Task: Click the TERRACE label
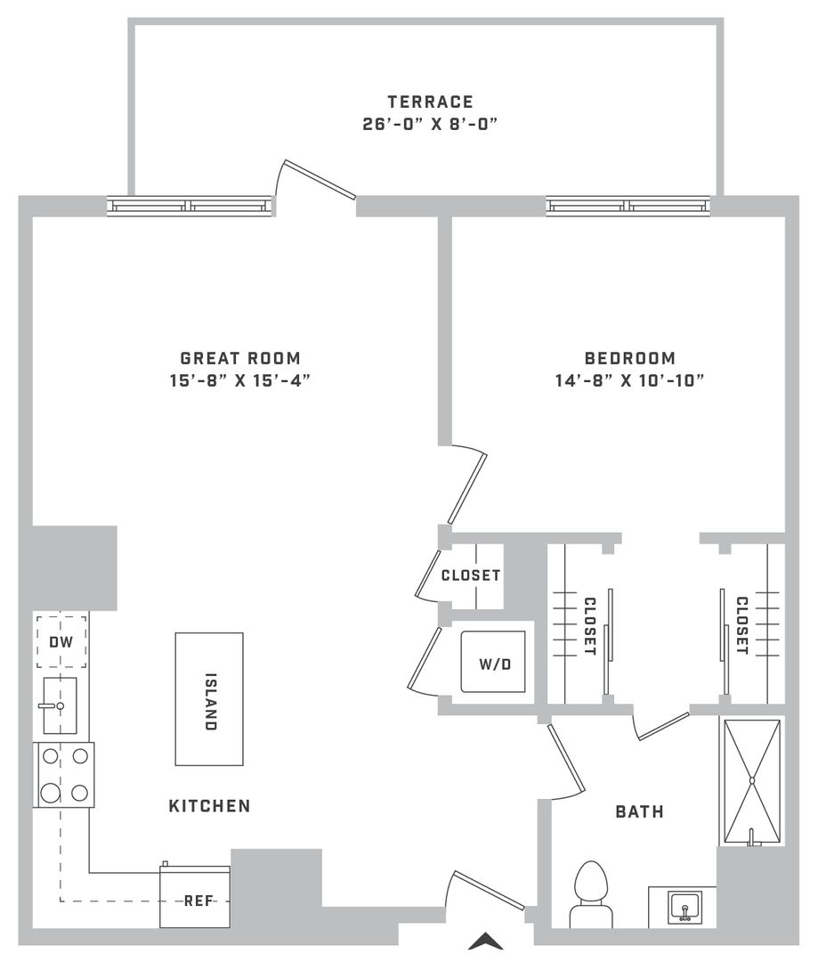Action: [430, 102]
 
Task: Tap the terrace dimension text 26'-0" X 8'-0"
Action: [430, 125]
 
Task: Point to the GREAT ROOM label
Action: [240, 358]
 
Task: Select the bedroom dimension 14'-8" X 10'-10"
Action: [629, 381]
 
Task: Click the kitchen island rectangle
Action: [209, 699]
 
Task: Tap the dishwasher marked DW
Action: [61, 641]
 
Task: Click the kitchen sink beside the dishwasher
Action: [60, 705]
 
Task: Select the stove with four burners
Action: [64, 775]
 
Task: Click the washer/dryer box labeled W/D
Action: [494, 661]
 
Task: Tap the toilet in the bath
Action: [591, 894]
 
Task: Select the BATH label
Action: [640, 812]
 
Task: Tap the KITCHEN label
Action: [210, 806]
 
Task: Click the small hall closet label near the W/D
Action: [471, 575]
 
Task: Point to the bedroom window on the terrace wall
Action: [628, 206]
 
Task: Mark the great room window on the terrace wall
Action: [189, 206]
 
